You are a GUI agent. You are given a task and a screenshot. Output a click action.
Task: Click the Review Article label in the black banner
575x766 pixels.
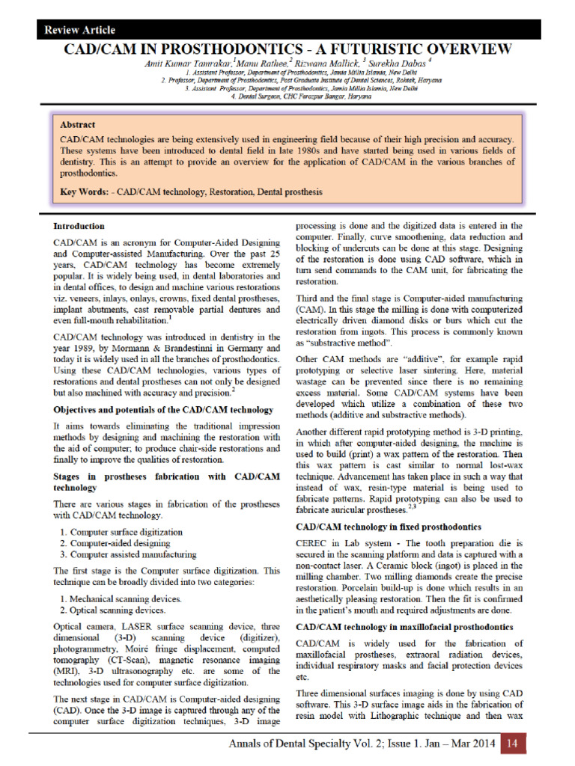point(79,31)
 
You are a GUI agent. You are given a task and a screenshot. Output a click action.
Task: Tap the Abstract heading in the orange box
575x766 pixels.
point(78,124)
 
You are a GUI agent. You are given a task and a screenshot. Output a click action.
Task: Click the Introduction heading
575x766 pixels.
point(79,225)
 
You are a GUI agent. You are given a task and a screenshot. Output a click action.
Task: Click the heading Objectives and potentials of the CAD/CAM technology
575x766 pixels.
point(163,410)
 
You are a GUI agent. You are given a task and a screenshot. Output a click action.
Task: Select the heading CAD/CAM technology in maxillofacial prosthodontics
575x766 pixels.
point(404,625)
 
